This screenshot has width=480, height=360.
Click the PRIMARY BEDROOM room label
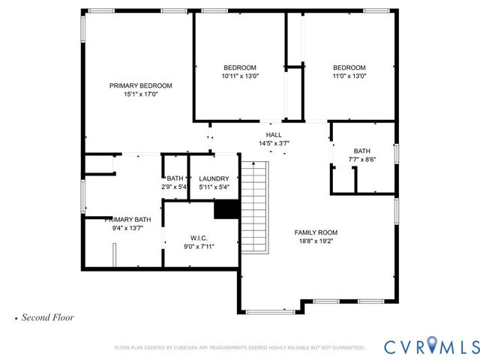pos(140,85)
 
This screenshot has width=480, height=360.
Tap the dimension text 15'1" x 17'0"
pos(140,95)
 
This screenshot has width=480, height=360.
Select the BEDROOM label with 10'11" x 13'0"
pos(239,67)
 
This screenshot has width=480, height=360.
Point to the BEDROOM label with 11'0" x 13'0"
pos(349,67)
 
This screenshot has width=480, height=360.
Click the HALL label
pos(274,134)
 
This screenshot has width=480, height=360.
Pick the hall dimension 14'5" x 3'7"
pos(274,143)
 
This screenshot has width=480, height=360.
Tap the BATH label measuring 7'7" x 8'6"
pos(362,151)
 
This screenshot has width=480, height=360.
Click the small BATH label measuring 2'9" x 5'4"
pos(175,178)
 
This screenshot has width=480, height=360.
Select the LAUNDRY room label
pos(214,178)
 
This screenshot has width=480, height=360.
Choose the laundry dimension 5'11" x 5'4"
pos(214,187)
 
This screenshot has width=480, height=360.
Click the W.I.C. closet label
pos(199,237)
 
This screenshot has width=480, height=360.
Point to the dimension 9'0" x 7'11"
pos(199,247)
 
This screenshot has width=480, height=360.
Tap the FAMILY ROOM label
pos(316,232)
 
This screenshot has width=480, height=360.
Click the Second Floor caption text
pos(47,317)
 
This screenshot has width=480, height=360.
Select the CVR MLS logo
pos(430,346)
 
